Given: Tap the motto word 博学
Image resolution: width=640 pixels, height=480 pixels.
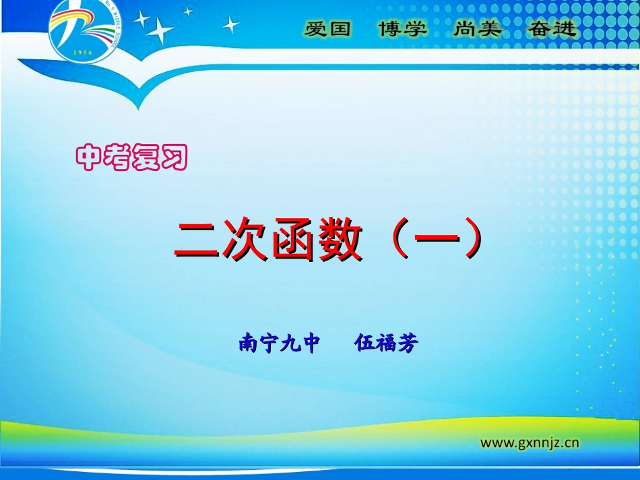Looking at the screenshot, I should [x=402, y=29].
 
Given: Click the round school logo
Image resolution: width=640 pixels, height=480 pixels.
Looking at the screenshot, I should [x=82, y=31].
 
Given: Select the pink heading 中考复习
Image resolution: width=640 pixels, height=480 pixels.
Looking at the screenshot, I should [x=131, y=158].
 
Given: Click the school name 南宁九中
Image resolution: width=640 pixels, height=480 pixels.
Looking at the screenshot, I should [x=279, y=343].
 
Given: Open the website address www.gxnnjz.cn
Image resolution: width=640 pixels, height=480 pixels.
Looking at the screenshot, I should [x=530, y=442].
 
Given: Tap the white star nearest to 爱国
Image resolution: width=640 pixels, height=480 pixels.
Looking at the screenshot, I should [x=231, y=25].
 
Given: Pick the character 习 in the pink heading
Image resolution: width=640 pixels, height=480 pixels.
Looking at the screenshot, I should [x=173, y=158].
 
